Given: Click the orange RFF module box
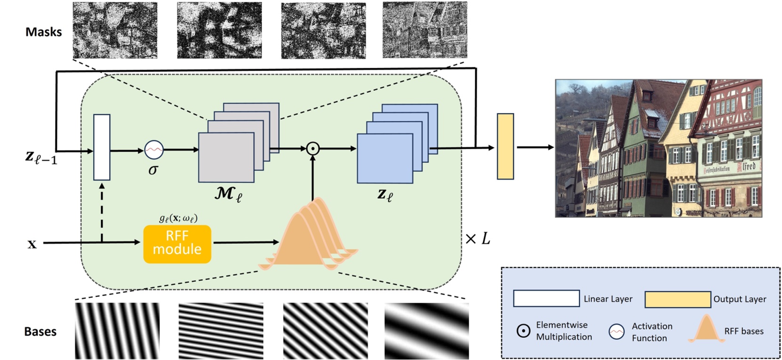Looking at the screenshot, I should pos(177,244).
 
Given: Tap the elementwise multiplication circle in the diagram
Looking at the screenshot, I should pos(312,149).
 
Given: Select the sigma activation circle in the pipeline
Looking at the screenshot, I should pos(153,150).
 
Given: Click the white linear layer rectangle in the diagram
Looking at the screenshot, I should pos(102,147).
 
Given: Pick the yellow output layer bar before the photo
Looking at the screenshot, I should pos(505,146).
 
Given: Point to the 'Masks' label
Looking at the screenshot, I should pos(43,32).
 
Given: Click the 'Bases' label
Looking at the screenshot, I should pos(40,331).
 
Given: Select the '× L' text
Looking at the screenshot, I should pos(477,239).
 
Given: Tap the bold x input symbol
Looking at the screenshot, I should pos(32,244).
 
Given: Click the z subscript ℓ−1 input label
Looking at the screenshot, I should pos(41,157).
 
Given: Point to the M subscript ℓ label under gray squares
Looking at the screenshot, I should pos(228,193).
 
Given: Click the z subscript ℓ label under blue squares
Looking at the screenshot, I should pos(384,194).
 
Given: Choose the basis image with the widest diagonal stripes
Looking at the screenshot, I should pos(426,331).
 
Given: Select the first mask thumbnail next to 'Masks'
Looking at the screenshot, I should pos(115,31).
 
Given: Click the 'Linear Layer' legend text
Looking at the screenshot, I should pos(608,299).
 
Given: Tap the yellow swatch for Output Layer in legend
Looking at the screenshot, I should pos(677,299).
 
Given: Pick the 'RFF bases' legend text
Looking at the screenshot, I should pos(743,331).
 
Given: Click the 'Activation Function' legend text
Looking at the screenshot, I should pos(652,332).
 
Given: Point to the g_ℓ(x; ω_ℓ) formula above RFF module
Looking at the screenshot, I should pos(178,218).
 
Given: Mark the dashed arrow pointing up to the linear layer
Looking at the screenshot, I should pos(102,212).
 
